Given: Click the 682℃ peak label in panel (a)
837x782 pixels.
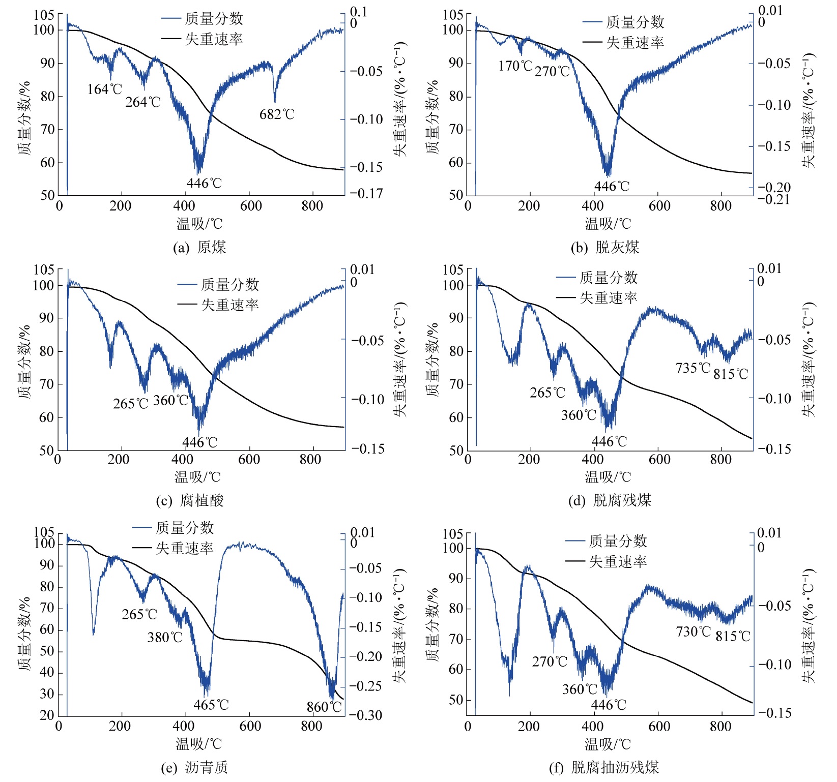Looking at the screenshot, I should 277,114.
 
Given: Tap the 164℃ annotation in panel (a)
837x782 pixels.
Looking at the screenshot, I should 105,89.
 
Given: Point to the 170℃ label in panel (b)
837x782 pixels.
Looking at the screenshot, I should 515,66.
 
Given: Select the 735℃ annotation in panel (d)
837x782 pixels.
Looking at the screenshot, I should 692,368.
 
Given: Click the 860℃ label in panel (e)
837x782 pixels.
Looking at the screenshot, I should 324,707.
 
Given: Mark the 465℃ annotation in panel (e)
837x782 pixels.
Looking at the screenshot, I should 211,705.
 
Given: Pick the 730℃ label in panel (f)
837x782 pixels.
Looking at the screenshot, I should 693,631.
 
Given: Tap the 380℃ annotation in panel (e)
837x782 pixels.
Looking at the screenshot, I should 165,637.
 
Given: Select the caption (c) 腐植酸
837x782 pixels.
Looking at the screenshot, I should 190,501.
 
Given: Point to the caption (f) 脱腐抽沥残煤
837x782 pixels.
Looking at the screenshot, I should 603,767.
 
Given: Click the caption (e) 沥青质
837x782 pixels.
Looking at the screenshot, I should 194,767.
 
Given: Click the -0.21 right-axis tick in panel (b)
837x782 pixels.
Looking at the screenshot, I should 773,199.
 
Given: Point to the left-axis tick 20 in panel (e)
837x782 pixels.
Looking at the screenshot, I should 47,715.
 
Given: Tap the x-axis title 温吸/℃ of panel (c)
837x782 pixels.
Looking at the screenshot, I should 198,477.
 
